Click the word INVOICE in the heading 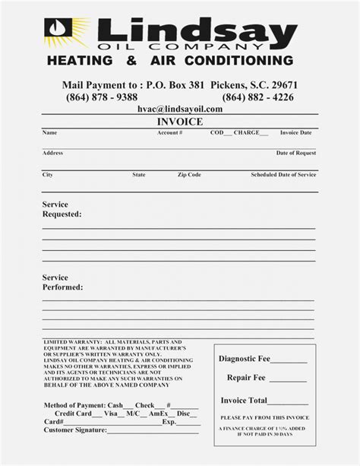(x=179, y=121)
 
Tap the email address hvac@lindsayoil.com (x=180, y=109)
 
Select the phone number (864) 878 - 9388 (x=102, y=97)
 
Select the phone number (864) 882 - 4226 (x=258, y=97)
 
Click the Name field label (x=49, y=132)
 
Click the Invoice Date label (x=295, y=132)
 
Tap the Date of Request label (x=295, y=153)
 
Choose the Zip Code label (x=190, y=174)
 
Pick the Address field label (x=52, y=153)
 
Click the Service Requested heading (x=62, y=209)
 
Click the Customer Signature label (x=74, y=432)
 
